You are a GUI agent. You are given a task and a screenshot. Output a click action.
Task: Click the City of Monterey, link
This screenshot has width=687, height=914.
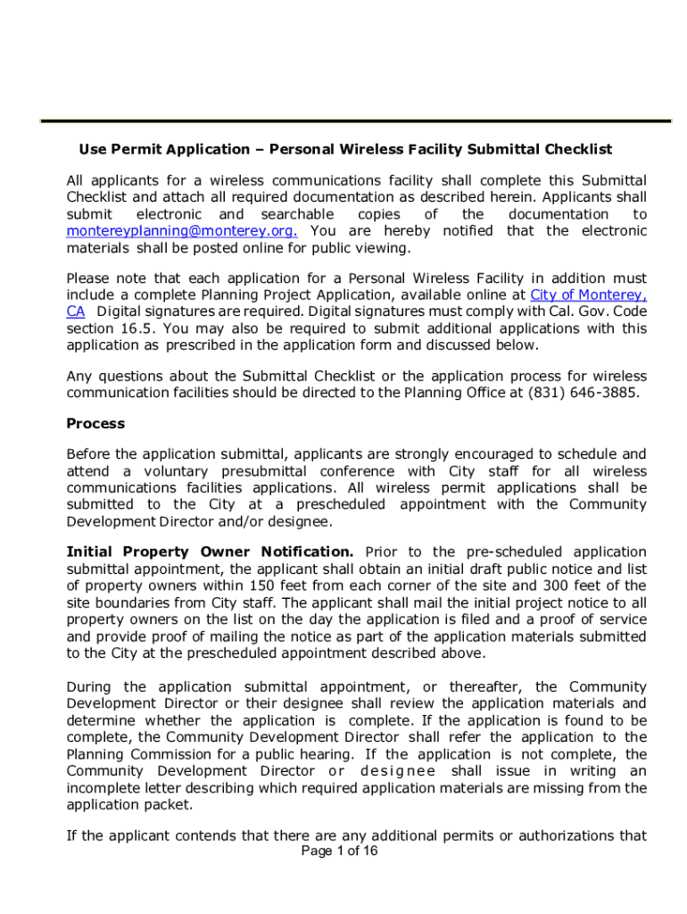(588, 295)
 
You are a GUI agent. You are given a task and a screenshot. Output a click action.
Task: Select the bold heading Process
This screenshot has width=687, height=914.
(95, 423)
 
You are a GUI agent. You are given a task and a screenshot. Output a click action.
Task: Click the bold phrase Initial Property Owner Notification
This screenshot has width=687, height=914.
(211, 552)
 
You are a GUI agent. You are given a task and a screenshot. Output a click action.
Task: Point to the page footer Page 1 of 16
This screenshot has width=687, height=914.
(340, 851)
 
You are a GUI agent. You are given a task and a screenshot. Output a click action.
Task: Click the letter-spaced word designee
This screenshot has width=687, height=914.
(398, 771)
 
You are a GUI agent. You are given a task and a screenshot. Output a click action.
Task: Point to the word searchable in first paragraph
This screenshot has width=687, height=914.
(298, 214)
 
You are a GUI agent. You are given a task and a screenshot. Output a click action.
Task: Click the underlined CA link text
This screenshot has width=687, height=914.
(76, 312)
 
